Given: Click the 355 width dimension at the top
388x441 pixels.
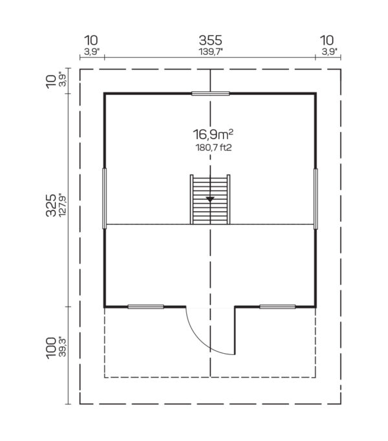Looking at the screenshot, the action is (210, 41).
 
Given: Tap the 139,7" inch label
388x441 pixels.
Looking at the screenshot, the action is (211, 52).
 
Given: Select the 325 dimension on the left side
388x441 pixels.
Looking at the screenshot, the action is (51, 205).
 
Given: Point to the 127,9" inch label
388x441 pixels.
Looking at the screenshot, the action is (63, 205).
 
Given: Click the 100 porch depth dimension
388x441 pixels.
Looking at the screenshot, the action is (52, 348).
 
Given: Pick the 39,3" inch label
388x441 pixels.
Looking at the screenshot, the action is (63, 347).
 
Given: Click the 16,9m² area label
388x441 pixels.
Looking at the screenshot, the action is (213, 134).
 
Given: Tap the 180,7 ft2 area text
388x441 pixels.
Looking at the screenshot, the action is (213, 147).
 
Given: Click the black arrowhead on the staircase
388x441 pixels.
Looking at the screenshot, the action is (210, 199).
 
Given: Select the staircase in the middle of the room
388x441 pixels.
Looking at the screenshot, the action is (210, 199).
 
